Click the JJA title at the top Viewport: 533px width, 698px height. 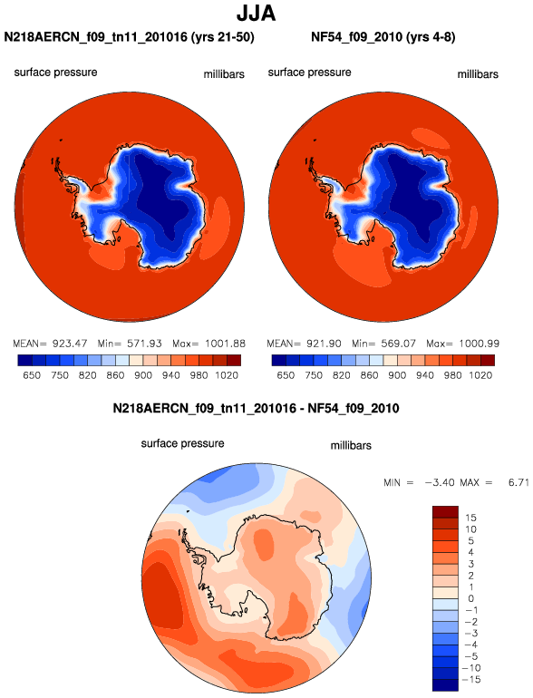[x=256, y=14]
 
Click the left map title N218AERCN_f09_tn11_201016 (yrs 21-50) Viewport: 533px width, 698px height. [x=129, y=37]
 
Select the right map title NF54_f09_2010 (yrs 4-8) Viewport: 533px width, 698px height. [x=383, y=37]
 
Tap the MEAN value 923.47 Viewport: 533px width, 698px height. [x=70, y=344]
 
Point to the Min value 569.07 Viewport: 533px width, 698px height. [x=399, y=344]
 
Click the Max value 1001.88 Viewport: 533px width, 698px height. [x=226, y=344]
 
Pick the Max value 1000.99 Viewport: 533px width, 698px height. [x=480, y=344]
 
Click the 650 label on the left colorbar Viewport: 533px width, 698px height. [x=32, y=375]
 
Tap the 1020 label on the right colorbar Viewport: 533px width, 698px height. [x=480, y=375]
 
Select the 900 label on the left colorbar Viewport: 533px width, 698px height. [x=143, y=375]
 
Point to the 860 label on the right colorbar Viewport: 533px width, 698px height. [x=369, y=375]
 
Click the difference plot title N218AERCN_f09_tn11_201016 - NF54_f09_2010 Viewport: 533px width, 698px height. [x=256, y=408]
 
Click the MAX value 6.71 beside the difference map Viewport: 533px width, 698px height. [x=518, y=482]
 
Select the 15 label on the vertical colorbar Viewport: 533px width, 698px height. [x=470, y=518]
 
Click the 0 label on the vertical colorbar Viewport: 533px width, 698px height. [x=471, y=598]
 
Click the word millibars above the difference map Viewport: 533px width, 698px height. [x=351, y=446]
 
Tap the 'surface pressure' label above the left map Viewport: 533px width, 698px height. [x=55, y=73]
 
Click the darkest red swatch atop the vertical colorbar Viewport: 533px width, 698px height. [x=445, y=512]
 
